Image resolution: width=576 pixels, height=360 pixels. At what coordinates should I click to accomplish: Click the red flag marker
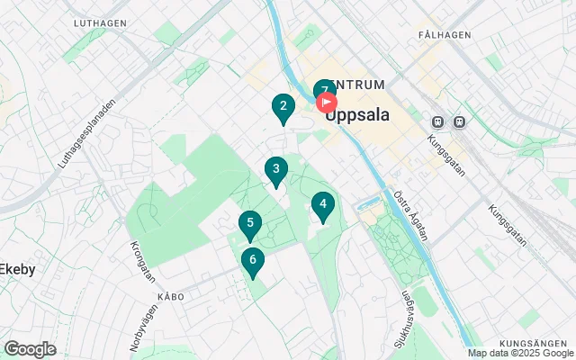point(328,101)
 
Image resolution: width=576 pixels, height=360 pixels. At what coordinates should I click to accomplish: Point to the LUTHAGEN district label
point(99,22)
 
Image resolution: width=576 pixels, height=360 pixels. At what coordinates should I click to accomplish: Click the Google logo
point(30,349)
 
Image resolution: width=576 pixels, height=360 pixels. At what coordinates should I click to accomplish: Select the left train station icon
point(438,121)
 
